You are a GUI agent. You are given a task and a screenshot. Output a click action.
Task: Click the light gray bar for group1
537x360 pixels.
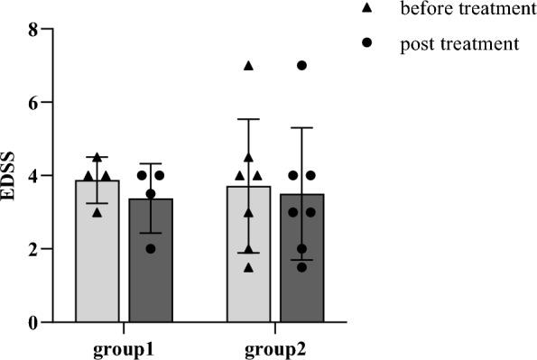pyautogui.click(x=97, y=262)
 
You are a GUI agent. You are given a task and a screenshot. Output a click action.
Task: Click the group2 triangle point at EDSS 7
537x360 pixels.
pyautogui.click(x=249, y=65)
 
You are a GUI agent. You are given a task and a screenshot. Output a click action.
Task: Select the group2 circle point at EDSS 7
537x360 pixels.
pyautogui.click(x=301, y=65)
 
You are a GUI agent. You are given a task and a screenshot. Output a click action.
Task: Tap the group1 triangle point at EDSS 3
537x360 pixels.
pyautogui.click(x=97, y=212)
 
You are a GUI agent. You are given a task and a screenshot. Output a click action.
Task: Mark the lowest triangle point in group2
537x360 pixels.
pyautogui.click(x=249, y=266)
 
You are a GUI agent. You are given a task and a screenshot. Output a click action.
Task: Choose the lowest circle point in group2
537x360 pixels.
pyautogui.click(x=301, y=266)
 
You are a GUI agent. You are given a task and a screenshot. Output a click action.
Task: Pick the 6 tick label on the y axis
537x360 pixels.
pyautogui.click(x=33, y=102)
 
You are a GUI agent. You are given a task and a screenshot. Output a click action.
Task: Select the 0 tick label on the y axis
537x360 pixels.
pyautogui.click(x=33, y=322)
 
